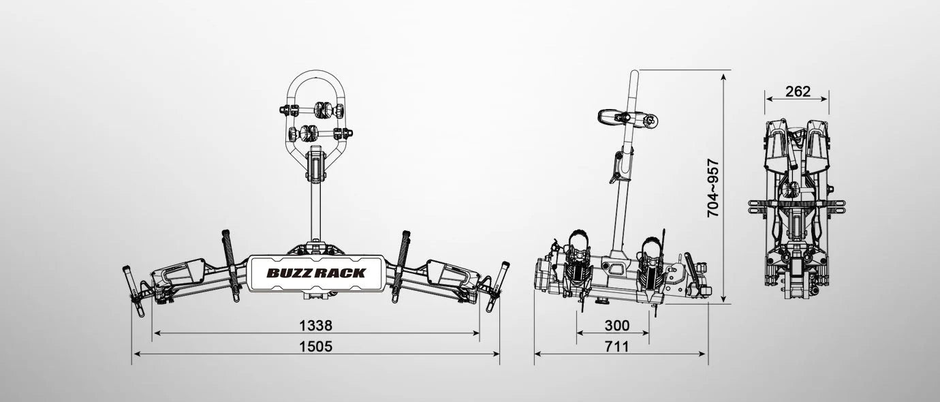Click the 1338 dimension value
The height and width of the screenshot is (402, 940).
tap(315, 326)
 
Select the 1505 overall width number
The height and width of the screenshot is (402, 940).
tap(315, 347)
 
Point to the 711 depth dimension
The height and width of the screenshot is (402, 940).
tap(616, 347)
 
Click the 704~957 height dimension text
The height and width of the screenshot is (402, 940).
tap(712, 188)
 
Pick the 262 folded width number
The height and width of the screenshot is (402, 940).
tap(798, 91)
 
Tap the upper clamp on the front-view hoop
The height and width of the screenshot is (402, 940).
tap(315, 109)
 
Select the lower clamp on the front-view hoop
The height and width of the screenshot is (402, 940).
tap(315, 133)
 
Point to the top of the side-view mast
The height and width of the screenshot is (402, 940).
tap(633, 73)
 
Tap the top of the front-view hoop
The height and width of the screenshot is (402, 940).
tap(315, 72)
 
